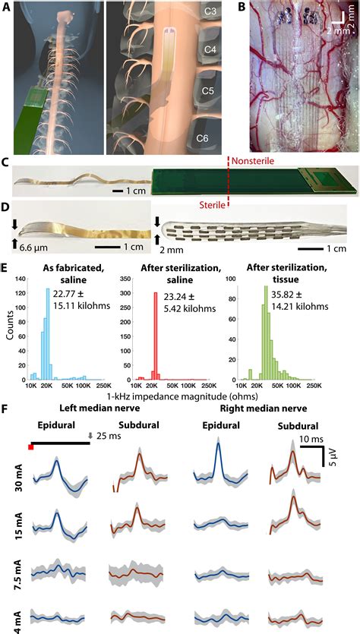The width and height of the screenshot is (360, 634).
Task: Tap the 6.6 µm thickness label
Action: [33, 247]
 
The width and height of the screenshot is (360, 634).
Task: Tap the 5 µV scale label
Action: [330, 460]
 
